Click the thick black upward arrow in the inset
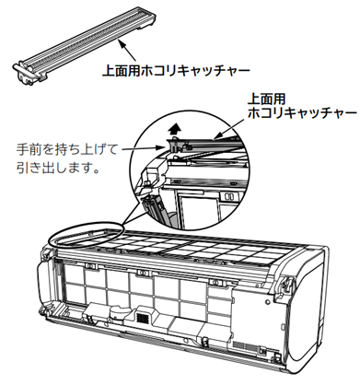tap(175, 129)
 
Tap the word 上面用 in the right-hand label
tap(267, 99)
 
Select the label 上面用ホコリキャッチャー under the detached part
tap(176, 71)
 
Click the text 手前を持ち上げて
tap(67, 150)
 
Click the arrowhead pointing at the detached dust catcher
tap(122, 45)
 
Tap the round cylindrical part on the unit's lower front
tap(117, 312)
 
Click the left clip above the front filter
tap(90, 266)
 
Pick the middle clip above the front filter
tap(142, 273)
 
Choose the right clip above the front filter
tap(214, 282)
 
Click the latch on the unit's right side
tap(287, 284)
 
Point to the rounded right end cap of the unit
tap(307, 307)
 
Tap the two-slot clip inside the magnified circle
tap(229, 196)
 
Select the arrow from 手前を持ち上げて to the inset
tap(144, 149)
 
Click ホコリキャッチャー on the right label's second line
tap(302, 113)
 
